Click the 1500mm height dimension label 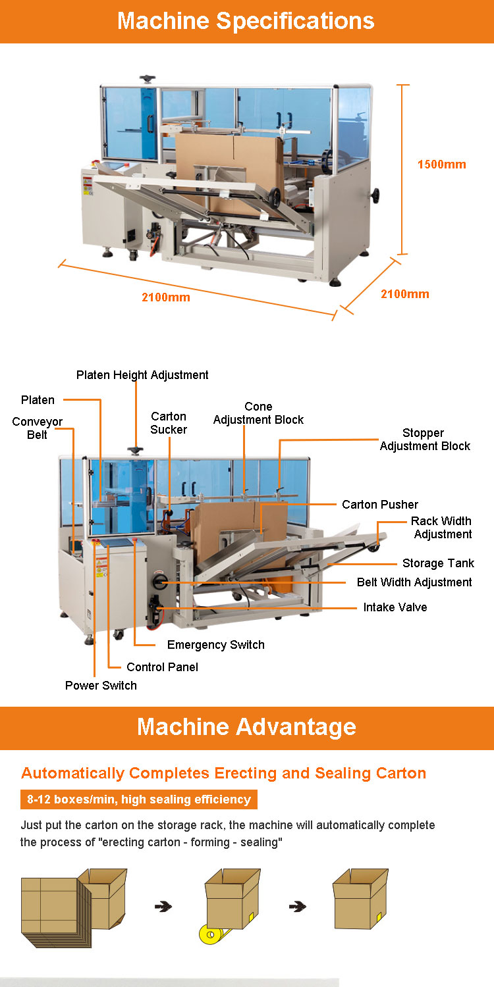tap(441, 164)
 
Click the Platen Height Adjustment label tap(142, 375)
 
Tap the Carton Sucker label tap(169, 423)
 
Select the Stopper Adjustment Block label tap(425, 440)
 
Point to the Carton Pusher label tap(380, 505)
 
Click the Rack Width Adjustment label tap(441, 528)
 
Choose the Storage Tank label tap(438, 563)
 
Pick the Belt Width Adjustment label tap(414, 582)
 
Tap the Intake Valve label tap(395, 607)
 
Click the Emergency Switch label tap(215, 645)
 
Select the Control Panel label tap(162, 667)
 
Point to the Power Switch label tap(101, 686)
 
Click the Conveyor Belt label tap(38, 428)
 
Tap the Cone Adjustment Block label tap(258, 413)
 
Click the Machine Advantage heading tap(246, 727)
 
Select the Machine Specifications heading tap(246, 20)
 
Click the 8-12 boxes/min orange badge tap(139, 799)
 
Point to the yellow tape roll tap(210, 934)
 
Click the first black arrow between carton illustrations tap(163, 907)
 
